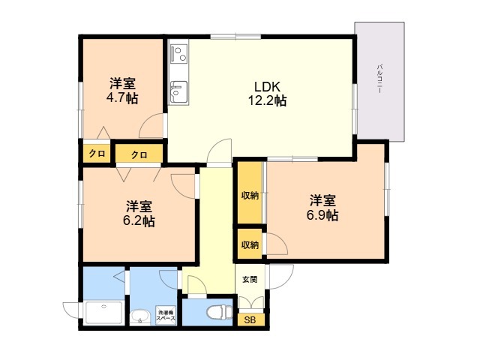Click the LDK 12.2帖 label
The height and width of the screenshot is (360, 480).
tap(267, 94)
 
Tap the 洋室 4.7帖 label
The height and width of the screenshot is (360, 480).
tap(122, 91)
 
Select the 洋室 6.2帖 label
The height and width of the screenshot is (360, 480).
tap(139, 213)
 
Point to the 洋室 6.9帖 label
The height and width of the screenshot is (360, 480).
tap(322, 208)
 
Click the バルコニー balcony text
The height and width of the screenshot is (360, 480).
tap(379, 79)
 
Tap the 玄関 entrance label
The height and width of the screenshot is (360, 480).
tap(250, 279)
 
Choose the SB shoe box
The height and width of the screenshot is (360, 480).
tap(250, 320)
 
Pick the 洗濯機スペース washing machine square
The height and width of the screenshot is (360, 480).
tap(166, 316)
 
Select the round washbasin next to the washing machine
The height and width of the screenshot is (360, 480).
tap(140, 317)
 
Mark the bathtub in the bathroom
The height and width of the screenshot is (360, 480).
tap(104, 313)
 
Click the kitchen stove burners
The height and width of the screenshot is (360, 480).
tap(178, 53)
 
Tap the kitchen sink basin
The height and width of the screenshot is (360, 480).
tap(178, 92)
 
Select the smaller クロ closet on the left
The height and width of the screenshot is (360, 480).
tap(97, 153)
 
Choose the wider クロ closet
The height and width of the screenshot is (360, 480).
tap(139, 154)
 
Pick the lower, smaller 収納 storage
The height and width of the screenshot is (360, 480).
tap(250, 244)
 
